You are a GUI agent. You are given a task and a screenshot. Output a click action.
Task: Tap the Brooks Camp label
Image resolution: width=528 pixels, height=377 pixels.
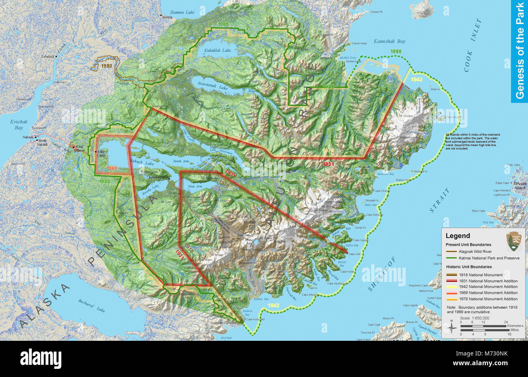159,178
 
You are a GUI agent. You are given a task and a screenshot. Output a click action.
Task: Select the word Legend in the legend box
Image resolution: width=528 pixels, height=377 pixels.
458,235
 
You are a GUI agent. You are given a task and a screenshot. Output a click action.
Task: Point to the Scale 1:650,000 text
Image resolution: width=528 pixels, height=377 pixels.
474,318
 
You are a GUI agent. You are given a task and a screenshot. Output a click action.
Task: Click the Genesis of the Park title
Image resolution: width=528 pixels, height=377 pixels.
519,51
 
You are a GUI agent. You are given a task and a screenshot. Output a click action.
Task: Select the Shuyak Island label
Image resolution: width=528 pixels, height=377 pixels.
519,185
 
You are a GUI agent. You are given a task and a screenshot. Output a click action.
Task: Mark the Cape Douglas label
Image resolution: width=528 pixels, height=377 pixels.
454,118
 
